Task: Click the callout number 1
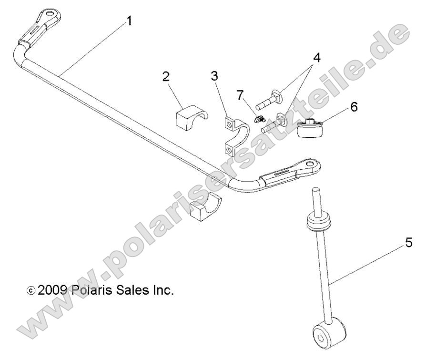(129, 22)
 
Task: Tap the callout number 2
(166, 77)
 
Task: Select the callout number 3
(215, 76)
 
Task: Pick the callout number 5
(408, 243)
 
